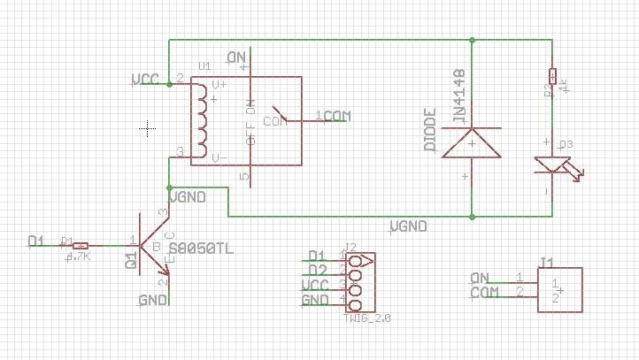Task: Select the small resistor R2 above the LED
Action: pyautogui.click(x=552, y=76)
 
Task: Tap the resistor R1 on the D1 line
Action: pyautogui.click(x=80, y=245)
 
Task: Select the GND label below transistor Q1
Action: pyautogui.click(x=152, y=301)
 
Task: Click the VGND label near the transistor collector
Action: pyautogui.click(x=188, y=196)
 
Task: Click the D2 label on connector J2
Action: pyautogui.click(x=317, y=270)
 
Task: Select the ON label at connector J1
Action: pyautogui.click(x=481, y=277)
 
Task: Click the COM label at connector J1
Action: pyautogui.click(x=483, y=292)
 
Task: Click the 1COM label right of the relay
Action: pyautogui.click(x=335, y=116)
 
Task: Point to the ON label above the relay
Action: pyautogui.click(x=236, y=58)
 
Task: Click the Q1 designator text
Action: pyautogui.click(x=131, y=260)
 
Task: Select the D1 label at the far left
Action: pyautogui.click(x=36, y=241)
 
